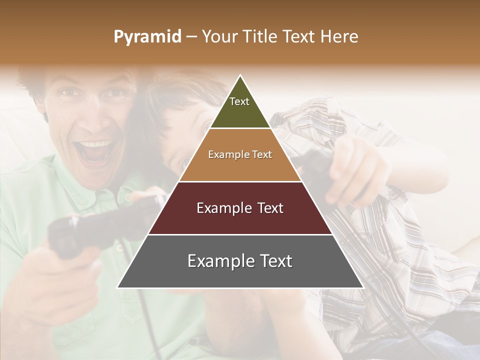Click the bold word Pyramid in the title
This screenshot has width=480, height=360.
pos(147,37)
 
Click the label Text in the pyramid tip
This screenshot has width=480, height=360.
pos(239,101)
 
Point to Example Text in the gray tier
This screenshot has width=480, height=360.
pos(240,261)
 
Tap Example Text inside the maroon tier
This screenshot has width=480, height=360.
pos(240,208)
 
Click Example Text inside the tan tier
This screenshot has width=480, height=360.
pos(240,154)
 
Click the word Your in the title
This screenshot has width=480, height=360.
pos(219,37)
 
